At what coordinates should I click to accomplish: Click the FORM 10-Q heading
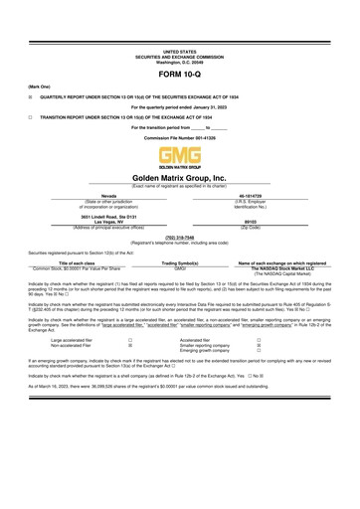(179, 75)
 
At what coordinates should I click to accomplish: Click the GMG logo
(179, 156)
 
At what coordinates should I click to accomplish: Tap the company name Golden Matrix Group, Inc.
(179, 176)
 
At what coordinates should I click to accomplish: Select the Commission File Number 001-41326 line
(179, 136)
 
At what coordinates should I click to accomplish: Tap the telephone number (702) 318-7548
(179, 237)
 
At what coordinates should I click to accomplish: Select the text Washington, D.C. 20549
(179, 62)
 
